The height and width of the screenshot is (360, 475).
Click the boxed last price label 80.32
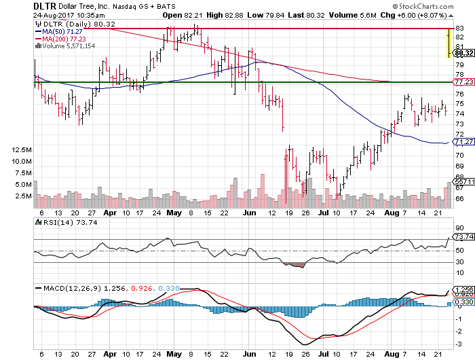pos(463,52)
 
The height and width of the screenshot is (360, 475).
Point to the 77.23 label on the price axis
pos(463,81)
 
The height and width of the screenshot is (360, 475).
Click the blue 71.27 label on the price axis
pos(463,142)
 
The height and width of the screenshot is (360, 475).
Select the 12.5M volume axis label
pos(22,149)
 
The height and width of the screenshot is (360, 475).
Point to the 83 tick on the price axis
pos(459,27)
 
